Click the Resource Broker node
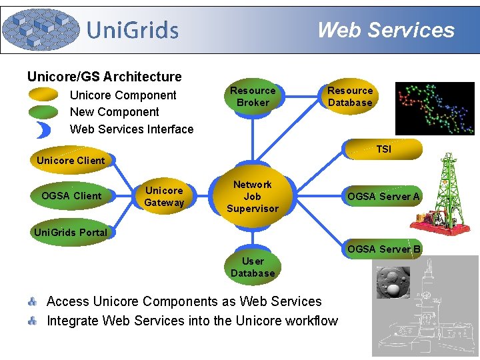253,97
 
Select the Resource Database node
349,97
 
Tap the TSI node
383,149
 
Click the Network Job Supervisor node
252,197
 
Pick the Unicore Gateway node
164,197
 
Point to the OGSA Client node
71,196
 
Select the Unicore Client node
71,161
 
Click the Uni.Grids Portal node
71,233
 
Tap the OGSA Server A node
383,197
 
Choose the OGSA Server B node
383,249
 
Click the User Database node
253,267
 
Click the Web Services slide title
385,30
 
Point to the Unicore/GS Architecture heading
104,77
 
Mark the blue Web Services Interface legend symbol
45,129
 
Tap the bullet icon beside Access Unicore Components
32,302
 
